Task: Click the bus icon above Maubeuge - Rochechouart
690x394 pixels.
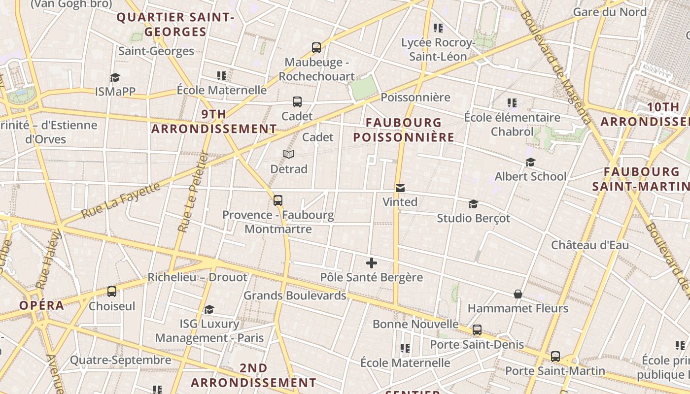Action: click(x=316, y=48)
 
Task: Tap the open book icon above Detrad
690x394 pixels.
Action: click(x=289, y=155)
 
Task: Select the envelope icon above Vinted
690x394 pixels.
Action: click(x=400, y=188)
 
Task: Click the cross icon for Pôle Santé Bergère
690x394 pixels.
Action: click(x=372, y=263)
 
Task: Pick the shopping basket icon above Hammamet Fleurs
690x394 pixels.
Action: click(x=518, y=294)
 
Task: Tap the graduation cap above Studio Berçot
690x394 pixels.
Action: click(x=473, y=204)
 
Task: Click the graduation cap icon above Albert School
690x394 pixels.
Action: click(x=530, y=162)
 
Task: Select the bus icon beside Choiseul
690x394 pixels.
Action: click(x=112, y=291)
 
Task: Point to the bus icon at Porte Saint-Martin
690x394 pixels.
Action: click(x=555, y=356)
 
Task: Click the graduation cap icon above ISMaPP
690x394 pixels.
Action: click(x=115, y=77)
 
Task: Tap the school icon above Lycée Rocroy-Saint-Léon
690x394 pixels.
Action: click(x=438, y=28)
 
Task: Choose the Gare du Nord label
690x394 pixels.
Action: click(x=610, y=12)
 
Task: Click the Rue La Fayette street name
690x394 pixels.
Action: click(x=121, y=201)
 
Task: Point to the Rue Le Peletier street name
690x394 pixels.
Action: click(x=192, y=192)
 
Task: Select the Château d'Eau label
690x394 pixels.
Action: click(x=590, y=245)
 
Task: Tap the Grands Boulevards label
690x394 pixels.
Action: click(x=295, y=295)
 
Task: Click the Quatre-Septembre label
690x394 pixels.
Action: click(x=120, y=360)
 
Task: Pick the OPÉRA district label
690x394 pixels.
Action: click(x=42, y=305)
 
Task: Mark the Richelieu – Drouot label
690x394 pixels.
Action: click(x=197, y=277)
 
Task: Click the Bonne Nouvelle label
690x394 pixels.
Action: click(x=415, y=324)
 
